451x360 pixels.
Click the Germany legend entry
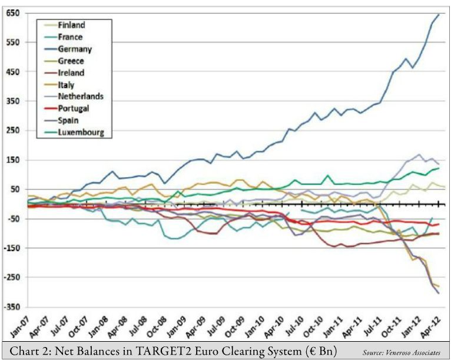74,49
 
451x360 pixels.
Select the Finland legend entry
71,25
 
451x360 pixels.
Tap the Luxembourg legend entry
81,133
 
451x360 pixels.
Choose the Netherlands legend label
81,97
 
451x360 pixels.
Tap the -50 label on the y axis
12,219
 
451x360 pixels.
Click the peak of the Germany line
438,14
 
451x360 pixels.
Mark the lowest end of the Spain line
439,293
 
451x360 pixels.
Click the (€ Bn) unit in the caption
318,351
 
